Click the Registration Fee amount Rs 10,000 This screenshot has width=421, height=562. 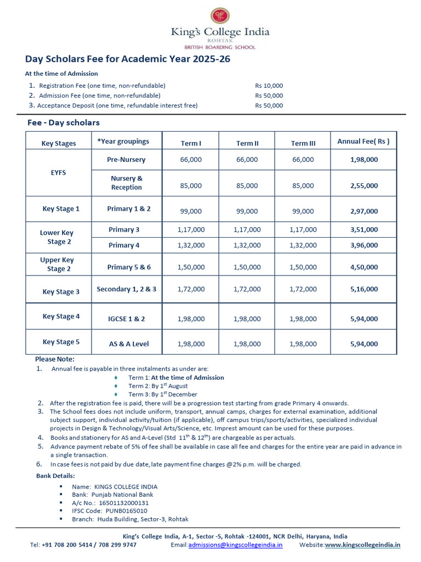[269, 86]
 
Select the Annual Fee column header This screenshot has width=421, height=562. [363, 141]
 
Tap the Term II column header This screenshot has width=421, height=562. [247, 143]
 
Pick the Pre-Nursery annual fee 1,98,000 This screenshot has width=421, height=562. [363, 160]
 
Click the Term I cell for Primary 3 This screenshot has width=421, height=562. [191, 229]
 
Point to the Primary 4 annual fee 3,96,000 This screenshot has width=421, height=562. [363, 245]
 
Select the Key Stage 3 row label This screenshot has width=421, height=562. [61, 292]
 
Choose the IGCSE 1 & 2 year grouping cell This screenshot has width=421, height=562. [127, 318]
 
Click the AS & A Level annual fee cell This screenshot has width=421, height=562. [363, 344]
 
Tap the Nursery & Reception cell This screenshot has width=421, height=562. [127, 183]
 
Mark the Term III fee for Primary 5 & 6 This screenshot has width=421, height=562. [303, 267]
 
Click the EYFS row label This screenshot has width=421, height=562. [59, 172]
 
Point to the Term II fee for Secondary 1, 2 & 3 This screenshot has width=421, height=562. [247, 289]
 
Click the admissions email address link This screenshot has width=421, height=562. [236, 545]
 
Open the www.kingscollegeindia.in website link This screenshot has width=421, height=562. [363, 545]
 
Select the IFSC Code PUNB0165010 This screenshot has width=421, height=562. [115, 510]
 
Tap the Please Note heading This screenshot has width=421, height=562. [54, 359]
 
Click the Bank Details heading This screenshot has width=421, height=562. [55, 475]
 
